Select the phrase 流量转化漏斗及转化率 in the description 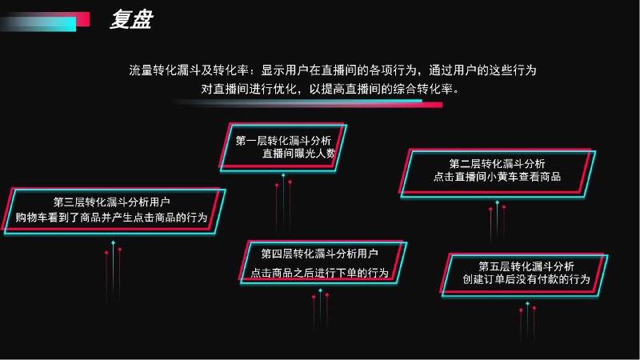(x=190, y=70)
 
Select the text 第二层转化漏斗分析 (x=497, y=163)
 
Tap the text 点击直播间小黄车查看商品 (x=497, y=177)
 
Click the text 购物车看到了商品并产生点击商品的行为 (x=111, y=217)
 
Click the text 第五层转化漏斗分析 (x=526, y=266)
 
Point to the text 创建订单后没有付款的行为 (x=526, y=279)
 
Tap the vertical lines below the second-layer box (x=497, y=220)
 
